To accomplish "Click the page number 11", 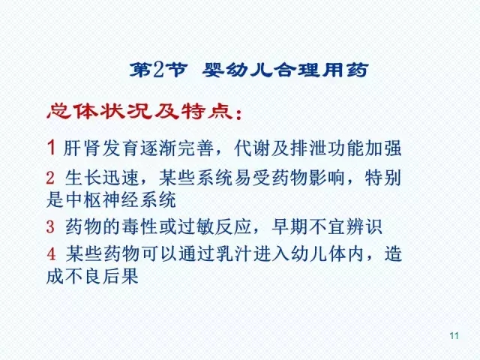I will click(x=453, y=334).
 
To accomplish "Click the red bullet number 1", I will click(x=51, y=148).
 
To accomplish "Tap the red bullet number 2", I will click(x=51, y=179).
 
